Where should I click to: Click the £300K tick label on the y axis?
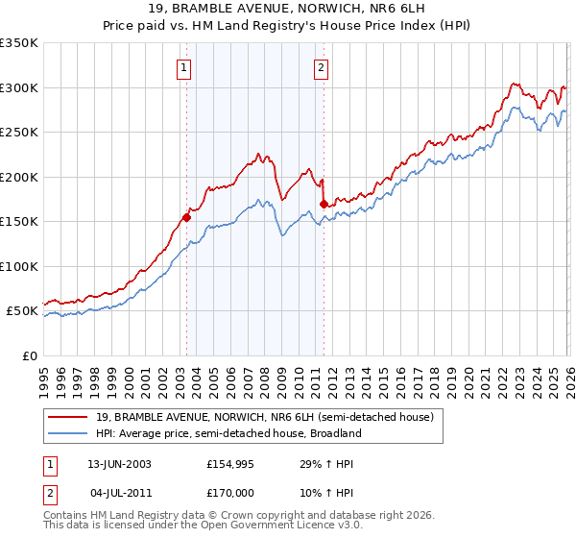[x=19, y=87]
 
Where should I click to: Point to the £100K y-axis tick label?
[x=19, y=266]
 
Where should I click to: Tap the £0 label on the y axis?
[x=31, y=355]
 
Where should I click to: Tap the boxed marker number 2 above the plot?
[x=321, y=67]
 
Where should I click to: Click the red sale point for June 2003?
[x=186, y=217]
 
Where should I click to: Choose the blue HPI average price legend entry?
[x=228, y=433]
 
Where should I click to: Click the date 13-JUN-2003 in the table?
[x=119, y=463]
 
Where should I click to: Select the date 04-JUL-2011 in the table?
[x=119, y=492]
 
